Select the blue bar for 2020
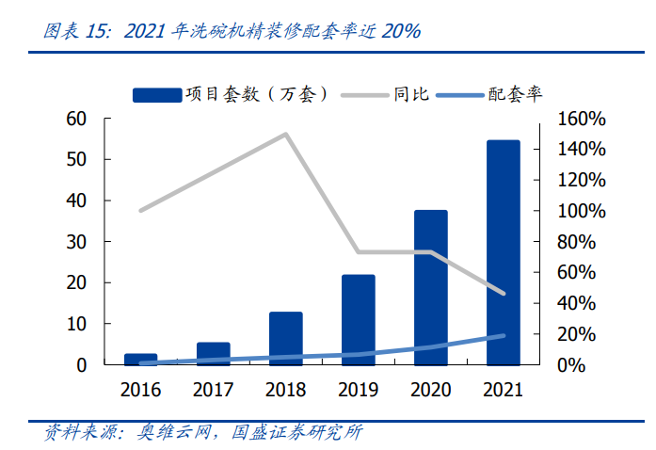(x=430, y=287)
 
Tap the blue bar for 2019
(x=359, y=319)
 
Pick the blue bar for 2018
(x=285, y=338)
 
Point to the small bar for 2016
(x=141, y=359)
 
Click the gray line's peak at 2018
(x=285, y=134)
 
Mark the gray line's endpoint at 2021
(x=503, y=294)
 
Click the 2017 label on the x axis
(x=213, y=388)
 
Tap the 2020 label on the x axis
(x=430, y=388)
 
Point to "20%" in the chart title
(x=400, y=31)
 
